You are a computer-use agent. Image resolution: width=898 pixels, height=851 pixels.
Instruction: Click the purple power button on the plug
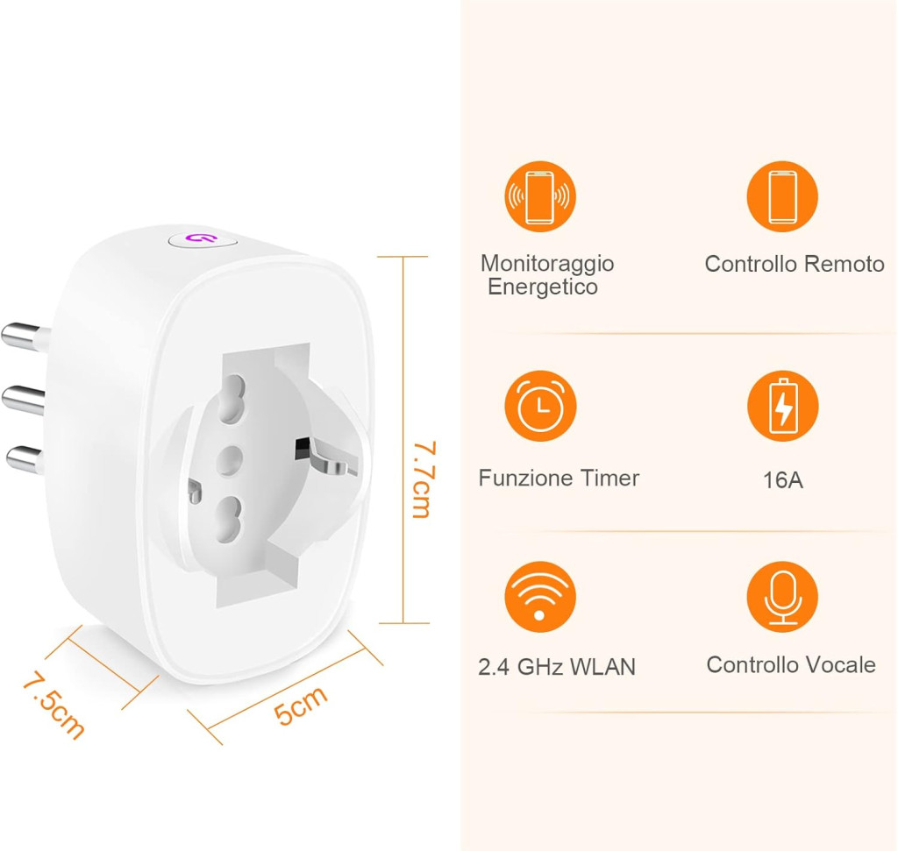coord(203,240)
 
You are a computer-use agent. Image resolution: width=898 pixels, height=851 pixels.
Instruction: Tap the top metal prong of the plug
coord(25,337)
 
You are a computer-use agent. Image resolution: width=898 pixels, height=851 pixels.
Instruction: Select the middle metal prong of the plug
coord(24,400)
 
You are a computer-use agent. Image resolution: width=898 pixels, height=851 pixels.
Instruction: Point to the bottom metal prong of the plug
coord(25,459)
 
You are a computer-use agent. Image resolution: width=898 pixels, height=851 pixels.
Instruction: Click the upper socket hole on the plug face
coord(232,398)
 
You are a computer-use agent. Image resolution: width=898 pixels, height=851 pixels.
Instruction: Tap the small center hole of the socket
coord(231,460)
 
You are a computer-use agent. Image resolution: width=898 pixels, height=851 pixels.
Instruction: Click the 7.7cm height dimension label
coord(424,479)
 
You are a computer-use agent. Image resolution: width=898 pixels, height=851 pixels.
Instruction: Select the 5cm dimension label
coord(300,705)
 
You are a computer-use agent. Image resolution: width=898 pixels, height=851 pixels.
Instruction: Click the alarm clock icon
coord(540,406)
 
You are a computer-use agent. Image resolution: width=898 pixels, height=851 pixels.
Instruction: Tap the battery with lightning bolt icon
coord(783,406)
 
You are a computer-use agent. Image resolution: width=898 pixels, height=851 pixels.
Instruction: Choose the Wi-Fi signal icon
coord(540,596)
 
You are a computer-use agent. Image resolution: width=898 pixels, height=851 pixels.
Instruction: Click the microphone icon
coord(783,596)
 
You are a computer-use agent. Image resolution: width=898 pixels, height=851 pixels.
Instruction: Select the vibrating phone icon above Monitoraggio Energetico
coord(540,196)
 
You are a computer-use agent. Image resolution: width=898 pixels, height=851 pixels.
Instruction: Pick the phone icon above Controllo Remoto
coord(783,196)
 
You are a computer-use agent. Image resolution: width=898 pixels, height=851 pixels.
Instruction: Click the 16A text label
coord(783,480)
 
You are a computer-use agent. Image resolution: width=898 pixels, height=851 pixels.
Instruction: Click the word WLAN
coord(602,667)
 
